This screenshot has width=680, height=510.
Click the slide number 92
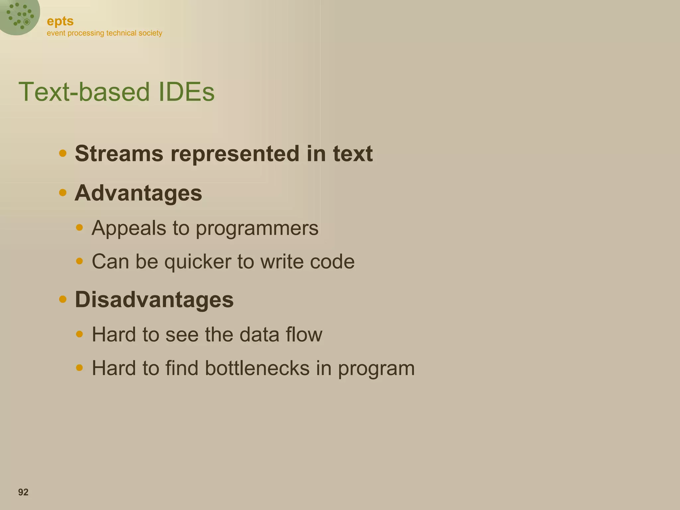click(23, 492)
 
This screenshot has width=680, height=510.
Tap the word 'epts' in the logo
click(60, 21)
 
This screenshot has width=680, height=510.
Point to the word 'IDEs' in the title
click(186, 92)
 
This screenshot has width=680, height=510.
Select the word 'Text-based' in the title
click(84, 92)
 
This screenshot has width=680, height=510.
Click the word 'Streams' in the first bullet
click(119, 154)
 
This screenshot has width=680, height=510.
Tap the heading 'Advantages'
click(138, 193)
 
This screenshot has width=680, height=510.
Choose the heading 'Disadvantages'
click(154, 299)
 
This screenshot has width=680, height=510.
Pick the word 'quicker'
click(198, 262)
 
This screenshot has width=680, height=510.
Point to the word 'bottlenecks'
click(257, 368)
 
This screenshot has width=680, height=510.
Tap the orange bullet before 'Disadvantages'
click(63, 299)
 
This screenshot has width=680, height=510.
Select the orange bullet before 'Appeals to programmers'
click(79, 227)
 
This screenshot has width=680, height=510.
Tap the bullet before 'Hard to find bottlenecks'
click(79, 368)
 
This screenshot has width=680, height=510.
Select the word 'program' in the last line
click(376, 369)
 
